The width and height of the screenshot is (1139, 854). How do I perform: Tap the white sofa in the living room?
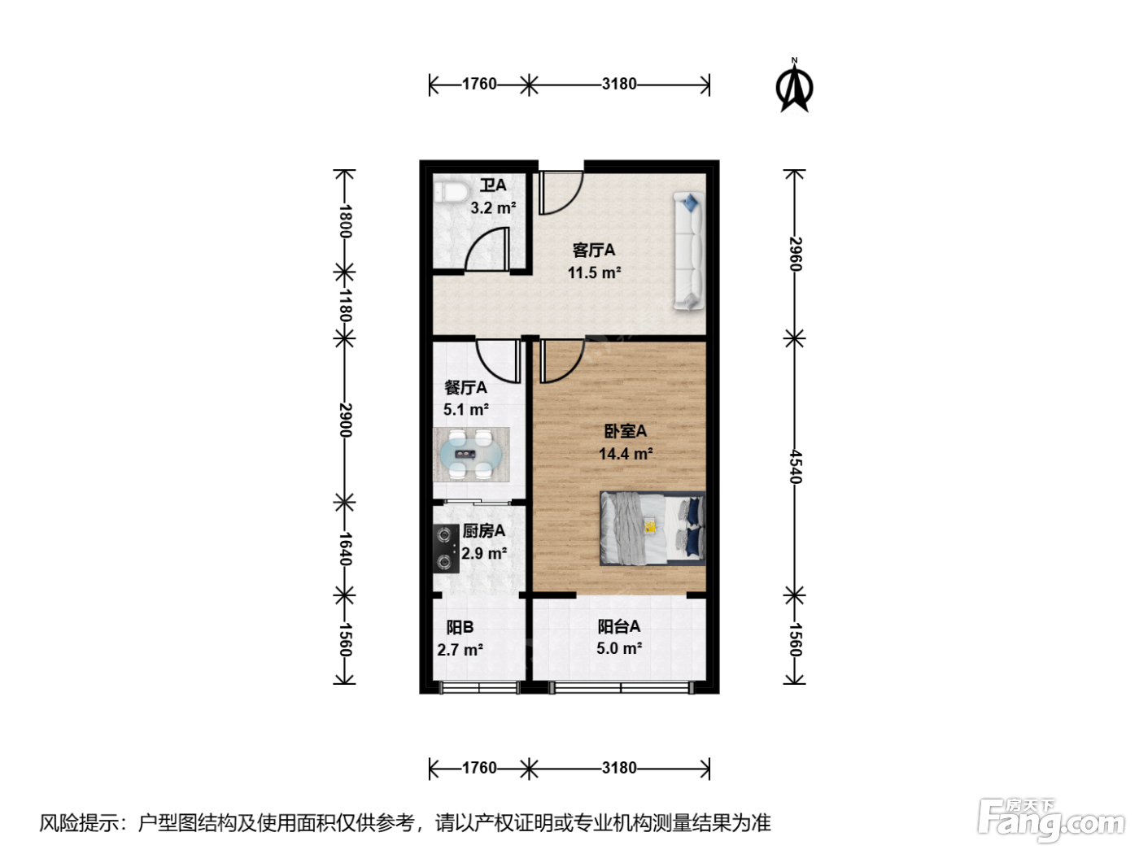[x=688, y=251]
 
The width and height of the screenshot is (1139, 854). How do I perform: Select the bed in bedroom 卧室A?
[x=652, y=528]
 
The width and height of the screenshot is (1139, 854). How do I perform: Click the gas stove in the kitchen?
[x=446, y=548]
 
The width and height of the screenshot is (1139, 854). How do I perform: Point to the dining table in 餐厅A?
[x=471, y=455]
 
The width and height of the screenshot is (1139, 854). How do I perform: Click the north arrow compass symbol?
[x=794, y=85]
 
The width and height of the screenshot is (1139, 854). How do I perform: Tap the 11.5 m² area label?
[x=594, y=272]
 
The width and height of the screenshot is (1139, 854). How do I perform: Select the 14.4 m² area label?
[x=626, y=454]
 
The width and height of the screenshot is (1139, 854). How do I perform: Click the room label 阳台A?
[x=618, y=626]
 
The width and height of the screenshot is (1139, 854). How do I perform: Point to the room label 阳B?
[x=460, y=627]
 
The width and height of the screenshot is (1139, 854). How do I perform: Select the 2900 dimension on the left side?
[x=346, y=420]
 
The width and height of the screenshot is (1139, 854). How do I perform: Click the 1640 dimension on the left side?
[x=346, y=549]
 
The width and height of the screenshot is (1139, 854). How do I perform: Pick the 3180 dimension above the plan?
[x=618, y=84]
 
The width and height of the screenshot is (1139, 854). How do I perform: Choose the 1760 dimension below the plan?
[x=479, y=768]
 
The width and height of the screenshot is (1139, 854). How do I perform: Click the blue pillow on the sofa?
[x=691, y=203]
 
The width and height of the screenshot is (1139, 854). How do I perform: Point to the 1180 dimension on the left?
[x=346, y=306]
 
